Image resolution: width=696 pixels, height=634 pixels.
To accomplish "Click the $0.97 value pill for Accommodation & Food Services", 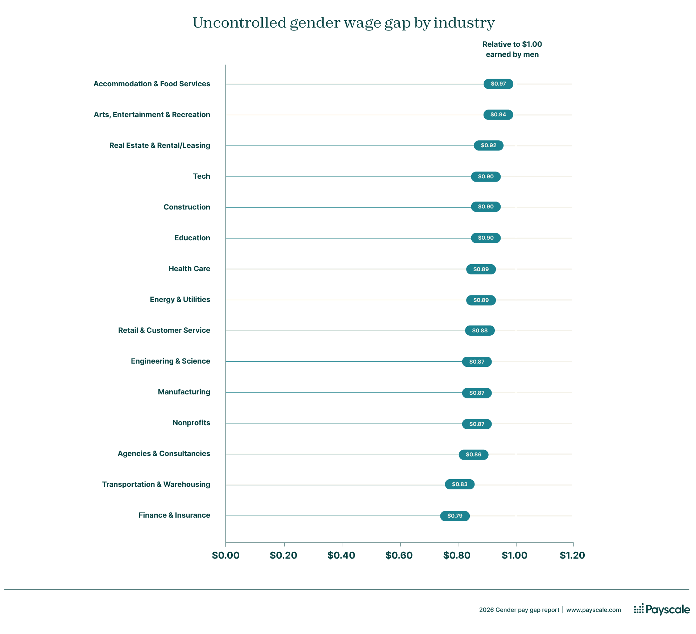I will [498, 84].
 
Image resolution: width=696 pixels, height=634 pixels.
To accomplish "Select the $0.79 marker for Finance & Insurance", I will [455, 516].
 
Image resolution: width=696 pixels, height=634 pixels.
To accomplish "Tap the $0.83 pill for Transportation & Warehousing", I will [459, 484].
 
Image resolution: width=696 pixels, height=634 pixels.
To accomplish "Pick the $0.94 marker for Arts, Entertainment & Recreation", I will [498, 115].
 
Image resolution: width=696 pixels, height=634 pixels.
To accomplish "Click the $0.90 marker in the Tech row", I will [486, 177].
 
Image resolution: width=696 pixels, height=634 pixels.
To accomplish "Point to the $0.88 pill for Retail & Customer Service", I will [480, 331].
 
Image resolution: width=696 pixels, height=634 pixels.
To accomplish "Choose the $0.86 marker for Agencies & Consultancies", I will [473, 455].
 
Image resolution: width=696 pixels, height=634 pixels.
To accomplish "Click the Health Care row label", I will [189, 269].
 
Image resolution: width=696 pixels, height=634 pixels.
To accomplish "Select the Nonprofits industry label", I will [191, 423].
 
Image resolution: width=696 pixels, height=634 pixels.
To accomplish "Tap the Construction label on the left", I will [187, 207].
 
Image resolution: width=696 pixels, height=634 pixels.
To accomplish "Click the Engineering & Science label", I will [170, 361].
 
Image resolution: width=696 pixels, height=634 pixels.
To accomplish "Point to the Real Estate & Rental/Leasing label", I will [159, 145].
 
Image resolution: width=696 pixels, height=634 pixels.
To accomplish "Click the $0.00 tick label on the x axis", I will [225, 555].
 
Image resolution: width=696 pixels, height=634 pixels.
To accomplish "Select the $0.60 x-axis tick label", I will [399, 555].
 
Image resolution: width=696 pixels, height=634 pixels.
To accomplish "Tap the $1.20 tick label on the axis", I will [572, 555].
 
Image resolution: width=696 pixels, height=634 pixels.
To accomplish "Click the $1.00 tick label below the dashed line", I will [514, 555].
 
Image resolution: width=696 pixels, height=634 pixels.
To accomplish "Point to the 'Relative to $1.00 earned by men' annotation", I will [512, 49].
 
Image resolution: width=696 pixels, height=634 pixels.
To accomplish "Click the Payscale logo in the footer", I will [662, 609].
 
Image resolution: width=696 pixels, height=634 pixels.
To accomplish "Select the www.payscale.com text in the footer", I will [593, 610].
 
